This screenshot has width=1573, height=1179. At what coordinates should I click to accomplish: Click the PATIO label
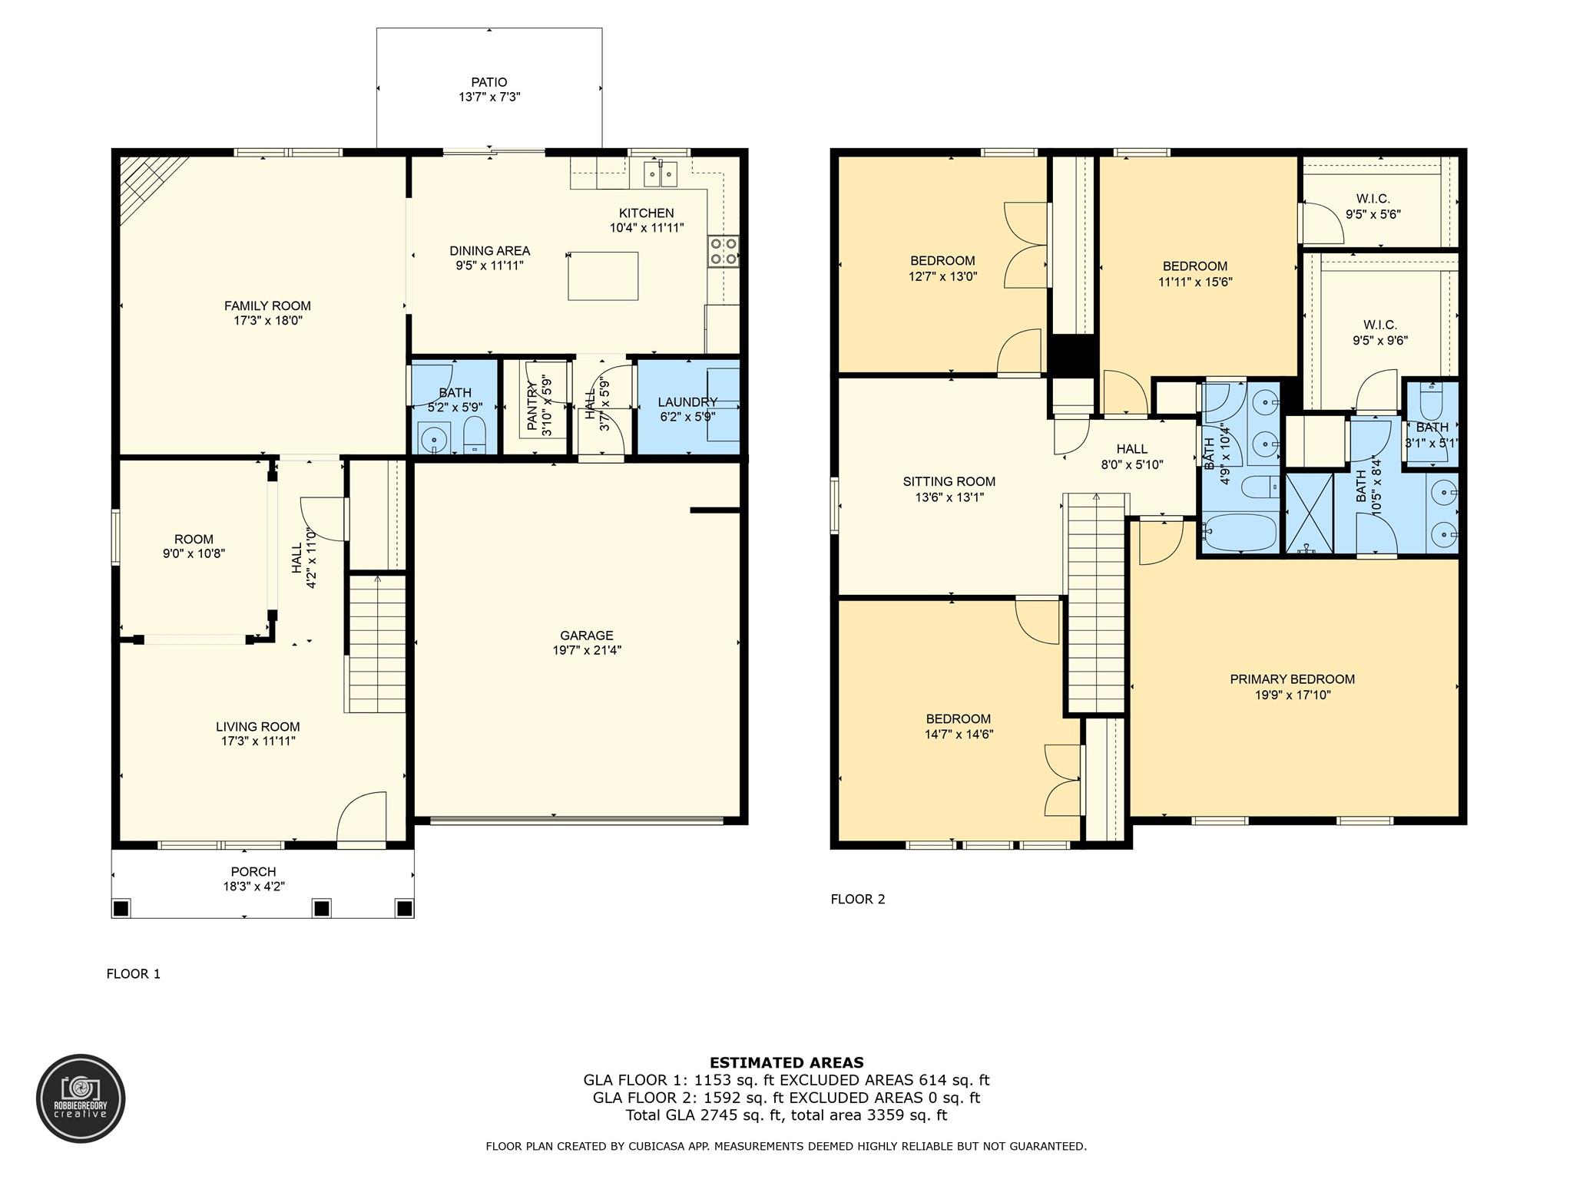[x=489, y=82]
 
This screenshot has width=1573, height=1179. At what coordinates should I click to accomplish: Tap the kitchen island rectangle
[x=603, y=276]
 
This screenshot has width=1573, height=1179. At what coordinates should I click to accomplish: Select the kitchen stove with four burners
[x=724, y=251]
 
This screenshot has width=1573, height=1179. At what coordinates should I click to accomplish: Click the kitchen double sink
[x=661, y=173]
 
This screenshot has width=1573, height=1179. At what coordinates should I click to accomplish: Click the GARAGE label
[x=587, y=636]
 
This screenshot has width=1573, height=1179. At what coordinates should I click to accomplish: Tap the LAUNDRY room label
[x=687, y=402]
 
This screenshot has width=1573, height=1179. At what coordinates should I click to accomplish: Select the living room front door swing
[x=361, y=820]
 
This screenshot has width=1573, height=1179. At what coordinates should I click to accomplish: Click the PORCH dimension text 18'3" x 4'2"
[x=253, y=887]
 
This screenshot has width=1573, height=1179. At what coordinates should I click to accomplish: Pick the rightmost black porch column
[x=404, y=908]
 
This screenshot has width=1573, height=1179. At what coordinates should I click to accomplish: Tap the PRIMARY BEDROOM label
[x=1292, y=679]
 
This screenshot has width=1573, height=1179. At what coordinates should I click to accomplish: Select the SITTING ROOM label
[x=949, y=482]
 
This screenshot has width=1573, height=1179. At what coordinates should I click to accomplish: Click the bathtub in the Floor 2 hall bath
[x=1239, y=533]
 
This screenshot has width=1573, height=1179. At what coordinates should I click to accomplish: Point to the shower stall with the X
[x=1310, y=514]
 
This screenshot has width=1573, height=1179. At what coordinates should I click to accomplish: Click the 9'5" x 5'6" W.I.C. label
[x=1373, y=207]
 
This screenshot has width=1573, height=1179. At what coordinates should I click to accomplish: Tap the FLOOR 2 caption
[x=858, y=899]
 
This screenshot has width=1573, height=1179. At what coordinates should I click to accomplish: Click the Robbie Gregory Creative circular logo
[x=81, y=1098]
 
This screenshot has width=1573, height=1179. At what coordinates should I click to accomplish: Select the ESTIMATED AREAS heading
[x=786, y=1063]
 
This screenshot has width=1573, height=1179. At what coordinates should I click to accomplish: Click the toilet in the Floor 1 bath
[x=473, y=435]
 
